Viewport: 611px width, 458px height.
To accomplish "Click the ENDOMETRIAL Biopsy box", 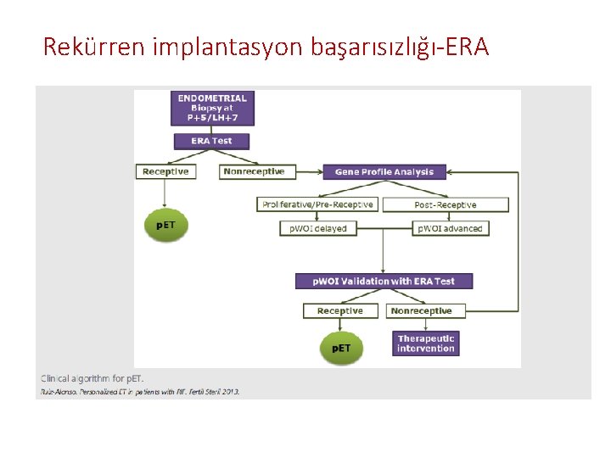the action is [x=212, y=109].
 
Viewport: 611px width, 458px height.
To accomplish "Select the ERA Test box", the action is [x=211, y=141].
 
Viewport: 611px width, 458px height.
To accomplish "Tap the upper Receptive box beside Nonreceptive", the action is [x=165, y=171].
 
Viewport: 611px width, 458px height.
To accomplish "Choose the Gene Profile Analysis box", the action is [x=384, y=171].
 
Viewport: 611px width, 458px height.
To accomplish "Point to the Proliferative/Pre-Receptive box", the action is [x=318, y=204].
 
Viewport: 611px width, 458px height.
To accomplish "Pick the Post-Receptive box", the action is [x=446, y=204].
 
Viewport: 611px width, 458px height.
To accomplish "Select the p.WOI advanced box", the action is [x=450, y=228].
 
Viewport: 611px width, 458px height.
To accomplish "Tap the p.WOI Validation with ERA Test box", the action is [x=384, y=281].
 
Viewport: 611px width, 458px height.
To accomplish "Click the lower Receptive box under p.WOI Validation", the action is [x=340, y=310].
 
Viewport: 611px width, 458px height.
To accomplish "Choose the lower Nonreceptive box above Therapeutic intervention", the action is [x=421, y=310].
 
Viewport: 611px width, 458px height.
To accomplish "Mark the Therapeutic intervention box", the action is [x=426, y=343].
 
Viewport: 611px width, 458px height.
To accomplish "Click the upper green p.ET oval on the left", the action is [x=166, y=225].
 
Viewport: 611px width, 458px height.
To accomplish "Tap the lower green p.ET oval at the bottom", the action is [x=341, y=349].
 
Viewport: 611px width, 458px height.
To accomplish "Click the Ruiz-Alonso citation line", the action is [x=140, y=391].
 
